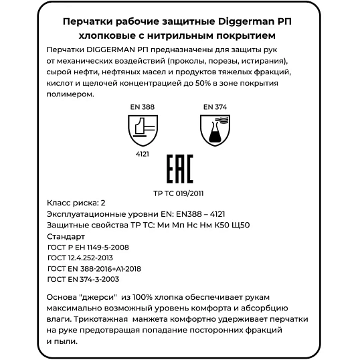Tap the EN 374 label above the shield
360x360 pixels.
[214, 106]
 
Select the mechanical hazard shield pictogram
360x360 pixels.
[142, 130]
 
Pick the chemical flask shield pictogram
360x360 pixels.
[213, 129]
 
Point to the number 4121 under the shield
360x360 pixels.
[142, 154]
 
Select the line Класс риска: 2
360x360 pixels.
[76, 203]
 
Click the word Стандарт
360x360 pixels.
[66, 237]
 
